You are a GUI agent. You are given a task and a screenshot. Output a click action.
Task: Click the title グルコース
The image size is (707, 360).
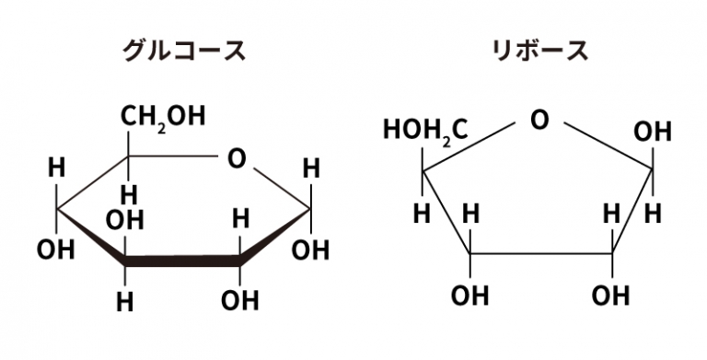[x=184, y=51]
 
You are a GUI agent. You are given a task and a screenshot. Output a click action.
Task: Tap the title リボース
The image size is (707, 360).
[x=539, y=51]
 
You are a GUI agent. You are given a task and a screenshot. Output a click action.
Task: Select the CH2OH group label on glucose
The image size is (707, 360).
[x=163, y=117]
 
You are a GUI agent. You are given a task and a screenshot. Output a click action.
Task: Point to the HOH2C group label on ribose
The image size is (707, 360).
[x=425, y=132]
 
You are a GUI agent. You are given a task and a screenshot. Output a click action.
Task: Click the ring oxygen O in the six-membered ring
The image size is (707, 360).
[x=237, y=158]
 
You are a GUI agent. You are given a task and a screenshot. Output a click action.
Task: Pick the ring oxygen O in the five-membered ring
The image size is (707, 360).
[x=539, y=121]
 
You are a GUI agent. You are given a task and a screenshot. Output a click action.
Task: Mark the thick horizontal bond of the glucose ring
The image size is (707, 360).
[x=182, y=261]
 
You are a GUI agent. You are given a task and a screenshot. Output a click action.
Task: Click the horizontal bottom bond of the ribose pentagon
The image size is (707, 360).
[x=541, y=253]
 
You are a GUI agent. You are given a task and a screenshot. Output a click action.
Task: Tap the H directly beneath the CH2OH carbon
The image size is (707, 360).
[x=129, y=195]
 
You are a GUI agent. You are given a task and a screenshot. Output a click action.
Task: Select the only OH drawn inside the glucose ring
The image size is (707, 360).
[x=124, y=220]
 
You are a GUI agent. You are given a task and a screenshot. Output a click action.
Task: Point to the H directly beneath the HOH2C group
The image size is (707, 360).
[x=422, y=214]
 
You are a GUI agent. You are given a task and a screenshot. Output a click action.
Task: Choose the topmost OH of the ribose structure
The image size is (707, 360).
[x=653, y=132]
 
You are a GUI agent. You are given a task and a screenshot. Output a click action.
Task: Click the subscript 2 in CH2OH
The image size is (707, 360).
[x=162, y=128]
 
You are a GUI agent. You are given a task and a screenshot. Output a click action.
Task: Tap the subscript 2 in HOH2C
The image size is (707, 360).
[x=446, y=142]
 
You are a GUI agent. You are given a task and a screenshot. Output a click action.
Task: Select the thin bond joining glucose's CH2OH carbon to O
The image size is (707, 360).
[x=173, y=157]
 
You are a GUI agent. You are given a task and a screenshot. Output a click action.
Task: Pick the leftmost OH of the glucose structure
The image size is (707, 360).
[x=55, y=250]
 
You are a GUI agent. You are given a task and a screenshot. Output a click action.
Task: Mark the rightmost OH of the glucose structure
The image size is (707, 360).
[x=310, y=250]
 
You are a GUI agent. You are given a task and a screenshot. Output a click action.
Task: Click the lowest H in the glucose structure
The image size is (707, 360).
[x=125, y=302]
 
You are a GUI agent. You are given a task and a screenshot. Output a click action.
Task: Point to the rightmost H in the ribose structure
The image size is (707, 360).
[x=653, y=214]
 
